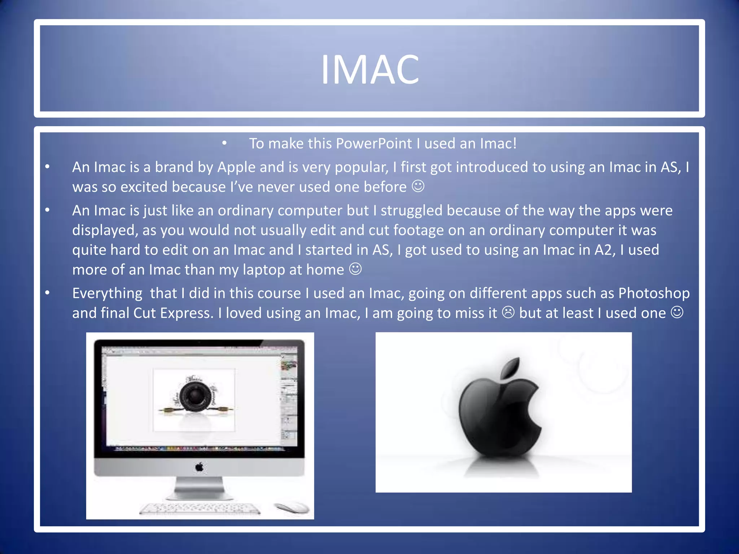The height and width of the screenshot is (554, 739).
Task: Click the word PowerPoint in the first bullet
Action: (373, 144)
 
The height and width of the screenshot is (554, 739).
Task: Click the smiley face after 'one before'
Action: (418, 186)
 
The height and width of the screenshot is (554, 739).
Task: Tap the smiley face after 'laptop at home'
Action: (355, 269)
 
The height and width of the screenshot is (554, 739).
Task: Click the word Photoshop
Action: (653, 293)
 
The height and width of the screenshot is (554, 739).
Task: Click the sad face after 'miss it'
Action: (508, 312)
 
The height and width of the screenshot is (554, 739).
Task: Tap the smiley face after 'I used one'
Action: (677, 312)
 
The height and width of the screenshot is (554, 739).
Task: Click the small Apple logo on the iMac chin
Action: (199, 468)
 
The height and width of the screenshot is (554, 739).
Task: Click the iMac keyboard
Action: (200, 509)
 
